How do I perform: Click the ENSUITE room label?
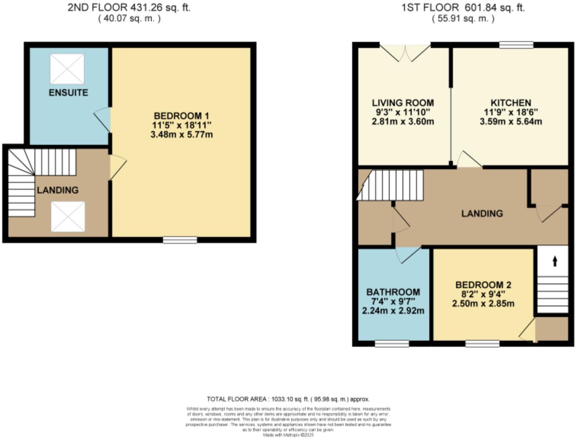(68, 93)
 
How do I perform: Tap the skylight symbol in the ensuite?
(67, 69)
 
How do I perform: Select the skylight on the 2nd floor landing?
(68, 216)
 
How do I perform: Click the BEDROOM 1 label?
(181, 116)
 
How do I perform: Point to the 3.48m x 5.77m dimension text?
(181, 135)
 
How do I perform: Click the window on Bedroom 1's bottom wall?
(180, 240)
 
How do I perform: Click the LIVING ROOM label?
(403, 103)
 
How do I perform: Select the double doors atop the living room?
(405, 52)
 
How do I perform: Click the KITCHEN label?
(510, 103)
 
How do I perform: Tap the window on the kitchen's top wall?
(516, 45)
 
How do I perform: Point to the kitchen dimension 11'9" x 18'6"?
(510, 112)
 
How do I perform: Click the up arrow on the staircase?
(555, 261)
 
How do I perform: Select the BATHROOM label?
(393, 292)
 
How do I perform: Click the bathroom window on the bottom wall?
(392, 344)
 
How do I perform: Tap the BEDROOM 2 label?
(483, 285)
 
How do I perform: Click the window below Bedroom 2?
(482, 344)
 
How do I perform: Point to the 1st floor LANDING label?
(482, 213)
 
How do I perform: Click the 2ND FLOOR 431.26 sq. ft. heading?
(129, 8)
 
